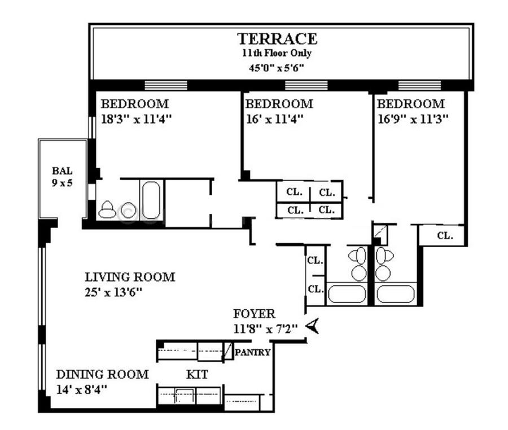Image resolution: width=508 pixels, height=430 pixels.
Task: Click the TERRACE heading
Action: [x=277, y=39]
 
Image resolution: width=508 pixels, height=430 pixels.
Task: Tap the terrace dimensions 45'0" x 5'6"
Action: [x=277, y=68]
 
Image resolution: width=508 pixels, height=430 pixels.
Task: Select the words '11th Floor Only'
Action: [x=277, y=53]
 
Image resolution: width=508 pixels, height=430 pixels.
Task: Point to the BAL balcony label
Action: [x=62, y=170]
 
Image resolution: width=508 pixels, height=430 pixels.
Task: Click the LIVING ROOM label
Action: [x=130, y=277]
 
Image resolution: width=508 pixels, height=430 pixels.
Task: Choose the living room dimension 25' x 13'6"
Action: [x=113, y=292]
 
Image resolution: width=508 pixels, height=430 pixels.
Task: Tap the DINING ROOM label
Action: [x=102, y=374]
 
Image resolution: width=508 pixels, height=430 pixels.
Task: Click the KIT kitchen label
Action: [x=197, y=374]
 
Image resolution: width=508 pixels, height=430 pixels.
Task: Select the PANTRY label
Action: [x=252, y=352]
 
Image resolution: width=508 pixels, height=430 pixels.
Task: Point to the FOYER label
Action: [x=254, y=314]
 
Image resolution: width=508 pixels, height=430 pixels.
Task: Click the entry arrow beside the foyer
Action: [x=312, y=326]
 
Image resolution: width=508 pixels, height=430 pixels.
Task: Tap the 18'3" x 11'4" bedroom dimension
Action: [x=136, y=119]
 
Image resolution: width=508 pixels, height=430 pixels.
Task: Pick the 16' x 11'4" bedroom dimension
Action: [x=274, y=119]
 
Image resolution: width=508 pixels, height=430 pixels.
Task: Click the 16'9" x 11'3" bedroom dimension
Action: [x=413, y=119]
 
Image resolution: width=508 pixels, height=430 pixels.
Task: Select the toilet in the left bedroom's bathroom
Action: [x=107, y=209]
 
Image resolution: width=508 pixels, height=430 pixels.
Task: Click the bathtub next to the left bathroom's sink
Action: [x=151, y=200]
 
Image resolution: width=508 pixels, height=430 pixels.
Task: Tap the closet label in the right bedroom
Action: [x=445, y=235]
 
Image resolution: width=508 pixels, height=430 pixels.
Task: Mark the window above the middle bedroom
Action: [x=306, y=85]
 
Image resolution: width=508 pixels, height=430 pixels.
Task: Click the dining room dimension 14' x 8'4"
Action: [x=81, y=389]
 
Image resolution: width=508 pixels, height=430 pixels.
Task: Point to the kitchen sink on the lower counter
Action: [x=185, y=396]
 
